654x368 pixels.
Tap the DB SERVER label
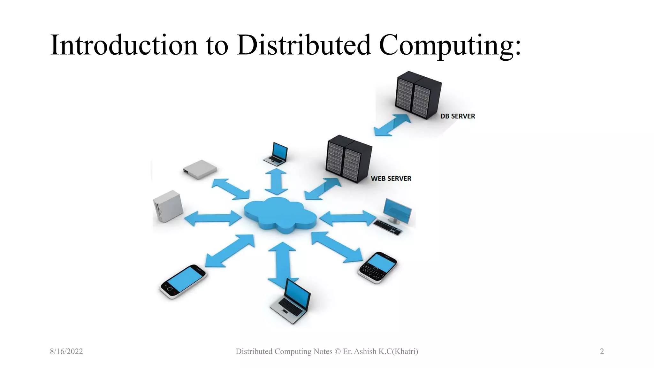pos(457,116)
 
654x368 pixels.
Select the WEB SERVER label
pos(391,179)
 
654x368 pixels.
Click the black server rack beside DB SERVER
pos(418,95)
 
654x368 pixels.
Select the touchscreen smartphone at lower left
pos(183,281)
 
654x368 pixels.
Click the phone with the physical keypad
pos(378,267)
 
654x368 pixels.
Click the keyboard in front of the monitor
pos(387,227)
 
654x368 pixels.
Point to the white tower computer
pos(168,206)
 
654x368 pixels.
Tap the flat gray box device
pos(200,169)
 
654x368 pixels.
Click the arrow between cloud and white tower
pos(213,218)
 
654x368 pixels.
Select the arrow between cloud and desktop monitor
pos(347,218)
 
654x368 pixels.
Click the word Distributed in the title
pos(304,45)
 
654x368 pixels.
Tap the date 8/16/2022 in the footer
pos(66,351)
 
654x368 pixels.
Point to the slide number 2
pos(602,351)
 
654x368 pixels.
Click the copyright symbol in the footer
pos(338,351)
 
